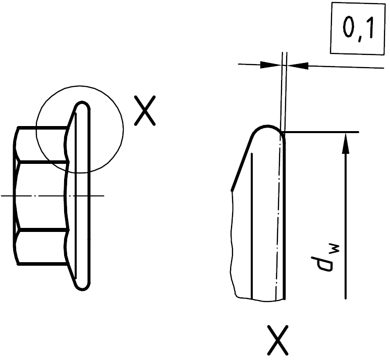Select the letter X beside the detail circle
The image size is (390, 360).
tap(144, 111)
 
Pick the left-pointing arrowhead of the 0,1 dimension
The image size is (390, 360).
tap(297, 65)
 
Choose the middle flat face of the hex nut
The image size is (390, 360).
tap(40, 195)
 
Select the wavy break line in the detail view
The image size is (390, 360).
tap(233, 242)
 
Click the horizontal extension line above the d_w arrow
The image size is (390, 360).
tap(323, 132)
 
